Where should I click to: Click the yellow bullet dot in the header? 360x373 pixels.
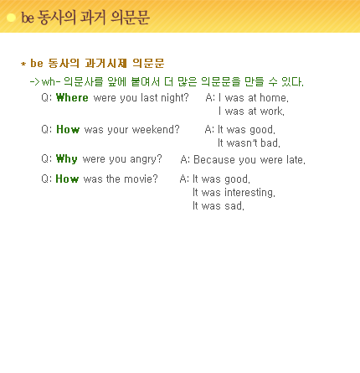pos(11,18)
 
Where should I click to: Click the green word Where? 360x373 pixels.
pos(72,97)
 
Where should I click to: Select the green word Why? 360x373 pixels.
pos(66,159)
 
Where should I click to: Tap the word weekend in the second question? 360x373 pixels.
pos(156,129)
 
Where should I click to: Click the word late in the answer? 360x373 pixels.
pos(296,159)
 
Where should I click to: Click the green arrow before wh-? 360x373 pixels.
pos(34,82)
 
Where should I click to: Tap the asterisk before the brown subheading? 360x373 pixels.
pos(23,64)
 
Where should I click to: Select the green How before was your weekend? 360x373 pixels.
pos(68,129)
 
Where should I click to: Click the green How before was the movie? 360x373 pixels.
pos(67,179)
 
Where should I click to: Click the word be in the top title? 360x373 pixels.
pos(28,18)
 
